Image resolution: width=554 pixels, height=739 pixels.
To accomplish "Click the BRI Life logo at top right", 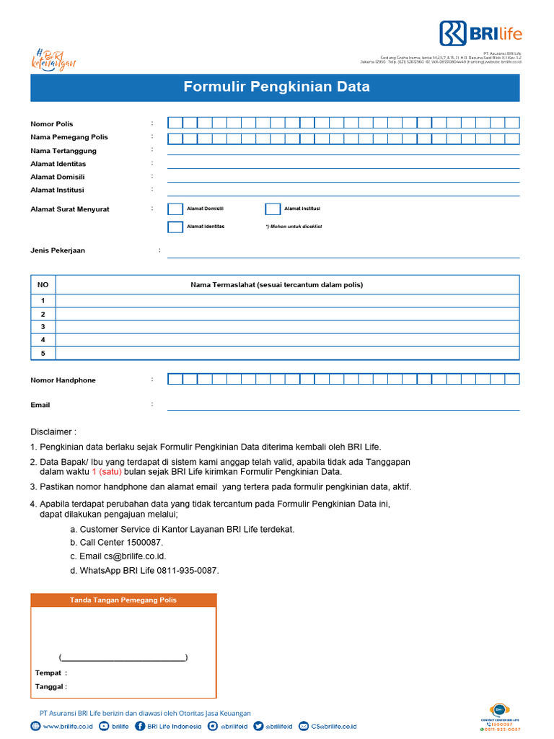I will point(480,33).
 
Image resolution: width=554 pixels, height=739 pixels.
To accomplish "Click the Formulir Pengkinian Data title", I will point(276,87).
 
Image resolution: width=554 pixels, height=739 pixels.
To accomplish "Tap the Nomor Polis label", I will point(51,124).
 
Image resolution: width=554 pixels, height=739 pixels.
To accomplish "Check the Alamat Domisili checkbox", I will point(175,209).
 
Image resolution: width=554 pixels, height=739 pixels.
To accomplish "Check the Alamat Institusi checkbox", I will point(273,209).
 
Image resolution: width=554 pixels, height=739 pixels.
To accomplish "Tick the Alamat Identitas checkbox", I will point(175,227).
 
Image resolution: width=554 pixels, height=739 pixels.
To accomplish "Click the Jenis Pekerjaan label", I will point(58,250).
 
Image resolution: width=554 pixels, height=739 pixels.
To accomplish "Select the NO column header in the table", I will point(43,285).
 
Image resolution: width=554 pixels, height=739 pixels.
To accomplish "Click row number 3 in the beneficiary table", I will point(43,327).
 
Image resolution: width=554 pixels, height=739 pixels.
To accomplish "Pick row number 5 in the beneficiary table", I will point(43,353).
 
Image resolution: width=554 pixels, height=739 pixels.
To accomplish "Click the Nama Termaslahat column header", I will point(276,285).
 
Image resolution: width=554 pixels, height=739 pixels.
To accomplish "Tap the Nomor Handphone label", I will point(63,380).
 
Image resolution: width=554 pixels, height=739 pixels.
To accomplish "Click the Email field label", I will point(40,405).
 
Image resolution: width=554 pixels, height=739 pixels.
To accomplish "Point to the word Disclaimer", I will point(53,432).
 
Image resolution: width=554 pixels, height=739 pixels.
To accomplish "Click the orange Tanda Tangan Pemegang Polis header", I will point(123,600).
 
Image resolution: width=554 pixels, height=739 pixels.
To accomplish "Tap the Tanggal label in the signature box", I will point(50,687).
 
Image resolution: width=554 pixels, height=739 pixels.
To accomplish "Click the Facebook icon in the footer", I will point(140,727).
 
